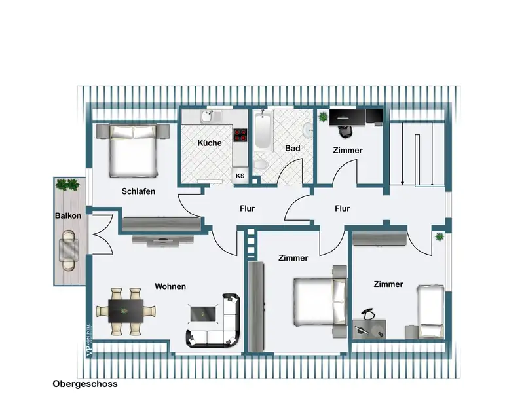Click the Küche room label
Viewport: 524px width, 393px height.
coord(210,143)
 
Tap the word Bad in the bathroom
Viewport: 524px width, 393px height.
coord(292,148)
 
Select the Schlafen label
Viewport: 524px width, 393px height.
coord(138,191)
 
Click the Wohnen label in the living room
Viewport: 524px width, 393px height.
coord(170,286)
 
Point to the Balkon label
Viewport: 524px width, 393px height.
coord(68,215)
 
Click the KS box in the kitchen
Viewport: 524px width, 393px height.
coord(240,176)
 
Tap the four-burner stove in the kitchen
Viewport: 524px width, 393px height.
coord(240,135)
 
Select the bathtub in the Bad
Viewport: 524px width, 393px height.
coord(264,130)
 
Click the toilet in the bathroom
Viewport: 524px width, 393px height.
coord(260,164)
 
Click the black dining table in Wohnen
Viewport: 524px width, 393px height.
coord(126,311)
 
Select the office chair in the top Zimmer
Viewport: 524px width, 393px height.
coord(345,131)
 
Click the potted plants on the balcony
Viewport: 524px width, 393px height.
coord(68,185)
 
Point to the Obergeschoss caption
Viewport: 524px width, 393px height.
coord(85,384)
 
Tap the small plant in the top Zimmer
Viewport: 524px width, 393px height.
coord(323,117)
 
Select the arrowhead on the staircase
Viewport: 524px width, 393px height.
coord(403,182)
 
